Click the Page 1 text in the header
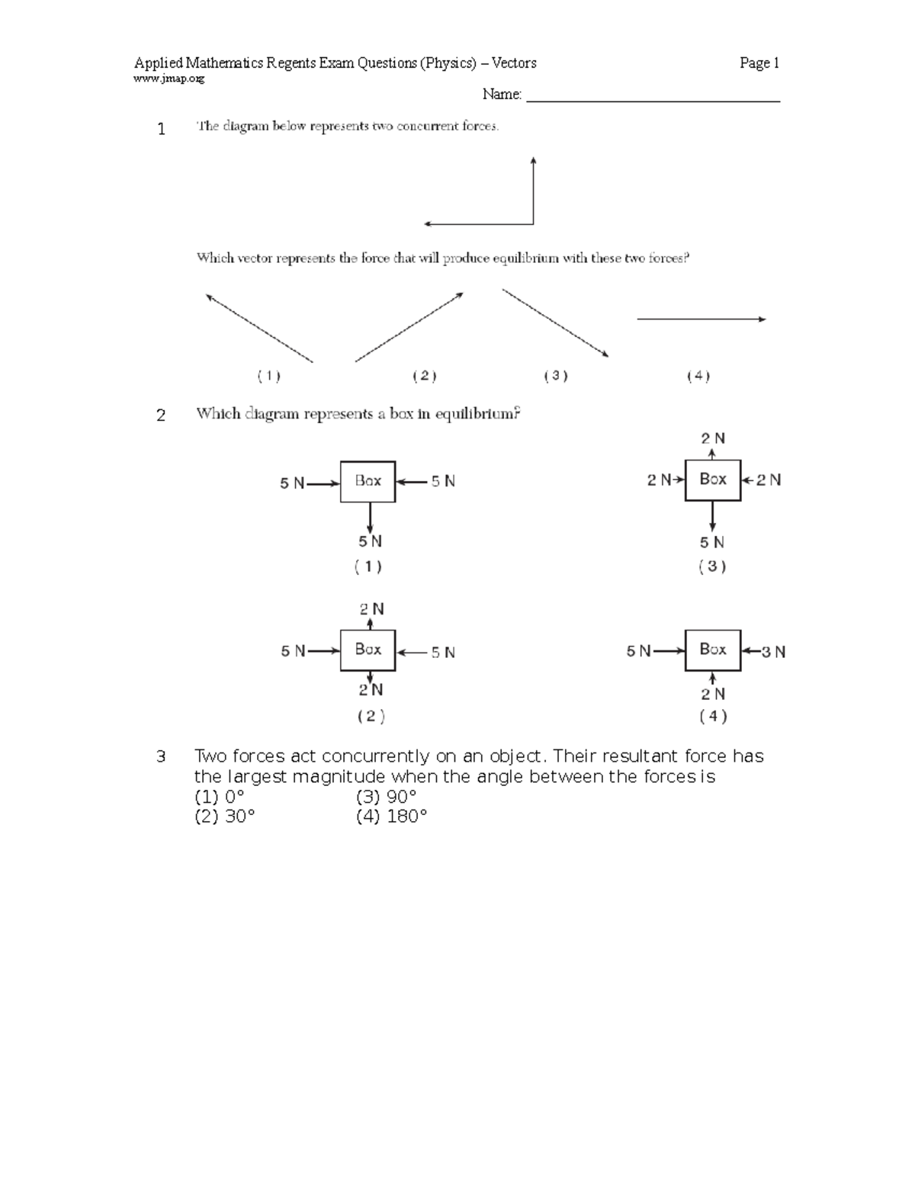[x=759, y=63]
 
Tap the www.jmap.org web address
[x=169, y=79]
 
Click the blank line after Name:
[x=653, y=97]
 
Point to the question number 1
[x=161, y=130]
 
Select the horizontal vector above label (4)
[x=701, y=319]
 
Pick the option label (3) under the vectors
[x=556, y=375]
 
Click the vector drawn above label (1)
[x=259, y=328]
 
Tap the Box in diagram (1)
[x=368, y=481]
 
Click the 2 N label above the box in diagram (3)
[x=713, y=438]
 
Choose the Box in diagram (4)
[x=713, y=650]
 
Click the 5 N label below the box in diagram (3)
[x=712, y=542]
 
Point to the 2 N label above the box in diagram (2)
[x=371, y=609]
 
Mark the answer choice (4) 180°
[x=391, y=817]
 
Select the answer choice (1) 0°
[x=220, y=797]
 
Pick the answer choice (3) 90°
[x=386, y=797]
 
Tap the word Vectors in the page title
[x=514, y=63]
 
